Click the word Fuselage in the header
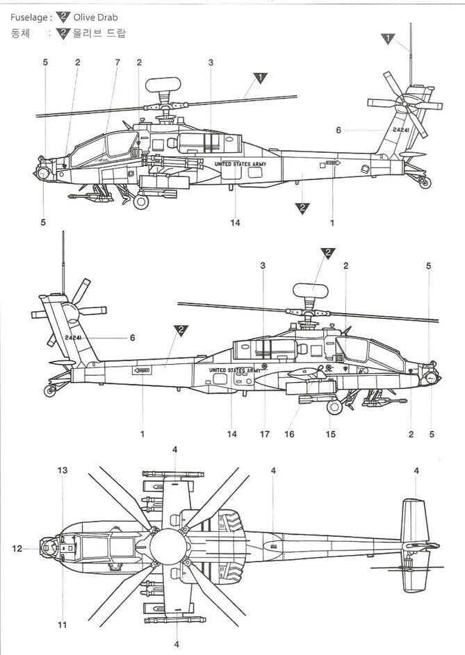(26, 17)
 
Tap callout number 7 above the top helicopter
(117, 63)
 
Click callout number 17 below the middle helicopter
(265, 434)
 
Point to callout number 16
(289, 434)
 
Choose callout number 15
(331, 434)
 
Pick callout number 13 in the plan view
(62, 470)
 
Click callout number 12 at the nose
(17, 549)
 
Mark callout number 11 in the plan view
(62, 625)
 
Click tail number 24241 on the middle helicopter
(76, 338)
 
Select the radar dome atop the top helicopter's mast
(163, 85)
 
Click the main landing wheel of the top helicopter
(141, 202)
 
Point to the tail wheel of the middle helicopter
(49, 391)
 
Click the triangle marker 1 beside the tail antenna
(388, 39)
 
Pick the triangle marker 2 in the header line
(64, 17)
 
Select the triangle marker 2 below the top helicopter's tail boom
(302, 207)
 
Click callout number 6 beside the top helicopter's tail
(338, 130)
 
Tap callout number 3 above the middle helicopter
(263, 265)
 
